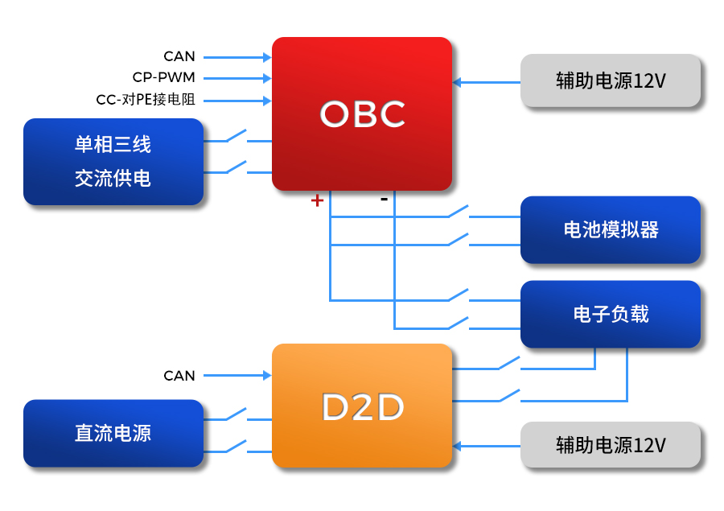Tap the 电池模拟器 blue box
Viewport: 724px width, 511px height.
pos(611,229)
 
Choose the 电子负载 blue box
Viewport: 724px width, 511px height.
pos(611,314)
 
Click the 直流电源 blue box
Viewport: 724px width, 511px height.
pos(113,433)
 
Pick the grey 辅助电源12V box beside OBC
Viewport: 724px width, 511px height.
pos(611,81)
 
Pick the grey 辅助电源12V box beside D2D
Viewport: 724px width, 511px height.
pos(611,445)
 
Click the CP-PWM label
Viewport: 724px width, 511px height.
pos(164,78)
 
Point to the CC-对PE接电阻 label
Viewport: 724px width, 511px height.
pos(146,101)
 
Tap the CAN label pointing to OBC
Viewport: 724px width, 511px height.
pos(179,56)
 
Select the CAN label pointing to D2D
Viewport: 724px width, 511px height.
pos(179,375)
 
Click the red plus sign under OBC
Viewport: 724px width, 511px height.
pos(317,200)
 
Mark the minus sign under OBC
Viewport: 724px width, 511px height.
pos(384,198)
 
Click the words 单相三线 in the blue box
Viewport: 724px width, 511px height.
pos(113,145)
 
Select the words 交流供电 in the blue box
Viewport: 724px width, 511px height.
pos(113,178)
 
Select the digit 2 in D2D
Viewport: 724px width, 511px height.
pos(362,408)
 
